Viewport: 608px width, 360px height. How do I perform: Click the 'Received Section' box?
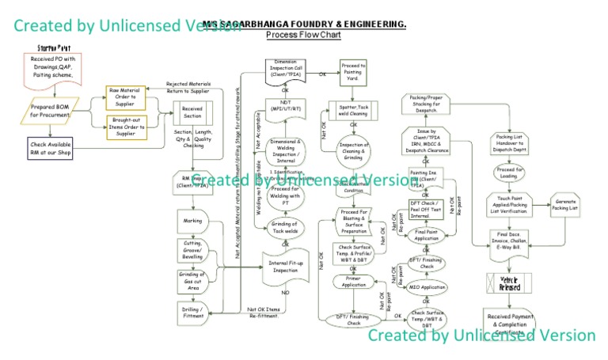[x=192, y=113]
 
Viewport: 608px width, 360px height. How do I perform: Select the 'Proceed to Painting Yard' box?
[x=353, y=73]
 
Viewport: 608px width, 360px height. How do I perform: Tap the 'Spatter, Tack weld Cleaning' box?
[x=353, y=110]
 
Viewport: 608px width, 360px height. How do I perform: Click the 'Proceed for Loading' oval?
[x=510, y=173]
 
